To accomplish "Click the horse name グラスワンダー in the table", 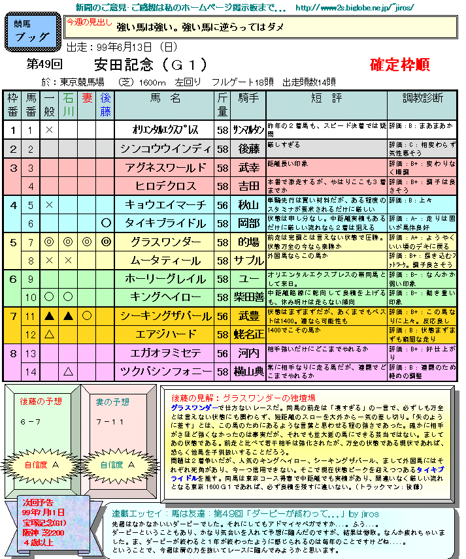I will click(x=165, y=242).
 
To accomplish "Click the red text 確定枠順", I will click(x=399, y=65).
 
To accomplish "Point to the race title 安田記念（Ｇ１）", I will click(x=150, y=65).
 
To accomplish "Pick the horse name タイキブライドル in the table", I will click(x=165, y=223).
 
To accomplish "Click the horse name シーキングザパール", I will click(x=165, y=316).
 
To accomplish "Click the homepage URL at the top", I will click(x=355, y=8).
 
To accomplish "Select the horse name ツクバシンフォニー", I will click(x=165, y=372).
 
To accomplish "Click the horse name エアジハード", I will click(x=165, y=334).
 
